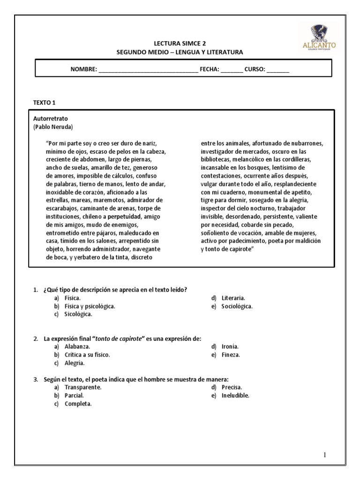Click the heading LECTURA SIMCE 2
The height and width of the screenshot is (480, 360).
[180, 43]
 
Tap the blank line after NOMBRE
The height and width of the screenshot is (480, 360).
[148, 69]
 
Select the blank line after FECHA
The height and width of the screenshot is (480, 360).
[232, 69]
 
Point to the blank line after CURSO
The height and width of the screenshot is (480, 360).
[278, 69]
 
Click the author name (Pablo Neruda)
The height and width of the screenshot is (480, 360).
[53, 127]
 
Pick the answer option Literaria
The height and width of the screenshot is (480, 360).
[233, 298]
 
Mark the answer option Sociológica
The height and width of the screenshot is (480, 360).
[237, 306]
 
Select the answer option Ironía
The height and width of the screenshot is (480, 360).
[230, 346]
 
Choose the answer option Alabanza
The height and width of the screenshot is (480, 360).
[77, 346]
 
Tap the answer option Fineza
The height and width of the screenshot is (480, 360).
[231, 355]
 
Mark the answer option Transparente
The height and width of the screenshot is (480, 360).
[83, 387]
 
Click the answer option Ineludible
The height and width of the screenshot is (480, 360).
[235, 395]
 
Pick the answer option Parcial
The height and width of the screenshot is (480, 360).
[74, 395]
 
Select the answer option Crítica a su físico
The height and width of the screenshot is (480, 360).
[87, 355]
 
